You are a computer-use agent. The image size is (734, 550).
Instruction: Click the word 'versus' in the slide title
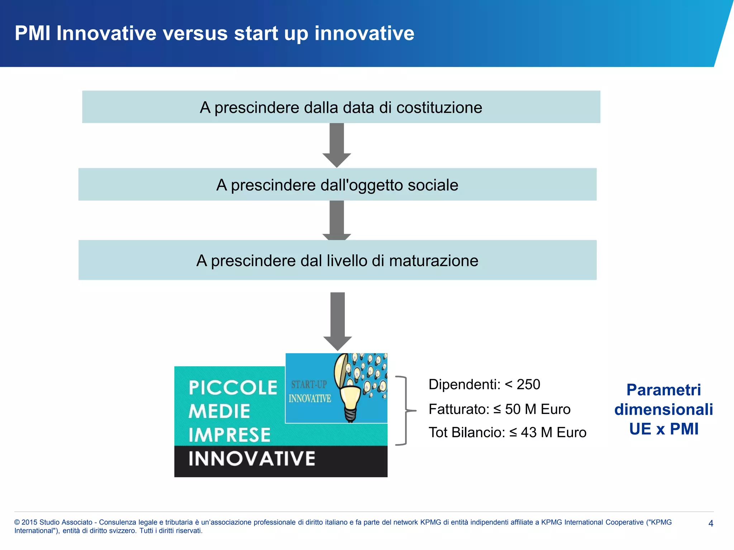click(195, 34)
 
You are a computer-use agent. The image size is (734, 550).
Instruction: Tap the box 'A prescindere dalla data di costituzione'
click(341, 107)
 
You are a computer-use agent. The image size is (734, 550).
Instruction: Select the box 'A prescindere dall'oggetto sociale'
click(337, 185)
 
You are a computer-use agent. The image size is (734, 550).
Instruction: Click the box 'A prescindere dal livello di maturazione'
click(337, 260)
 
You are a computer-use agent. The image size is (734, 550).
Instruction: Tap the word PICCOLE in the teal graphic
click(233, 388)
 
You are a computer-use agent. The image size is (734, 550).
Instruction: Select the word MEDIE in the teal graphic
click(219, 411)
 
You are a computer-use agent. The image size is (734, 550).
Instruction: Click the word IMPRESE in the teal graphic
click(229, 435)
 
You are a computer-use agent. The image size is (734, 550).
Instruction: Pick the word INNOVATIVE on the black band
click(252, 459)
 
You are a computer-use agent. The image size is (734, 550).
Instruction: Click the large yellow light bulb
click(350, 401)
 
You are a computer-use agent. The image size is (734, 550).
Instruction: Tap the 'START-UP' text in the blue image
click(309, 385)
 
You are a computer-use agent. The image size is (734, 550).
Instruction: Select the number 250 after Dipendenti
click(528, 385)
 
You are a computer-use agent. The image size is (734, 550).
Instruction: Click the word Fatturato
click(458, 409)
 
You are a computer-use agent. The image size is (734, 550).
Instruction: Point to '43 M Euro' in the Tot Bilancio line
click(553, 433)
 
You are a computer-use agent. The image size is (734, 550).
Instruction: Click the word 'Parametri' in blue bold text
click(663, 390)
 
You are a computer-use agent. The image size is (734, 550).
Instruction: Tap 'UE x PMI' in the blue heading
click(663, 429)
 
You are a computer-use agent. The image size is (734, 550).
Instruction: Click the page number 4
click(711, 523)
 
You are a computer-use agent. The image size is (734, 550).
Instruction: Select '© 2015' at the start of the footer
click(26, 522)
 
